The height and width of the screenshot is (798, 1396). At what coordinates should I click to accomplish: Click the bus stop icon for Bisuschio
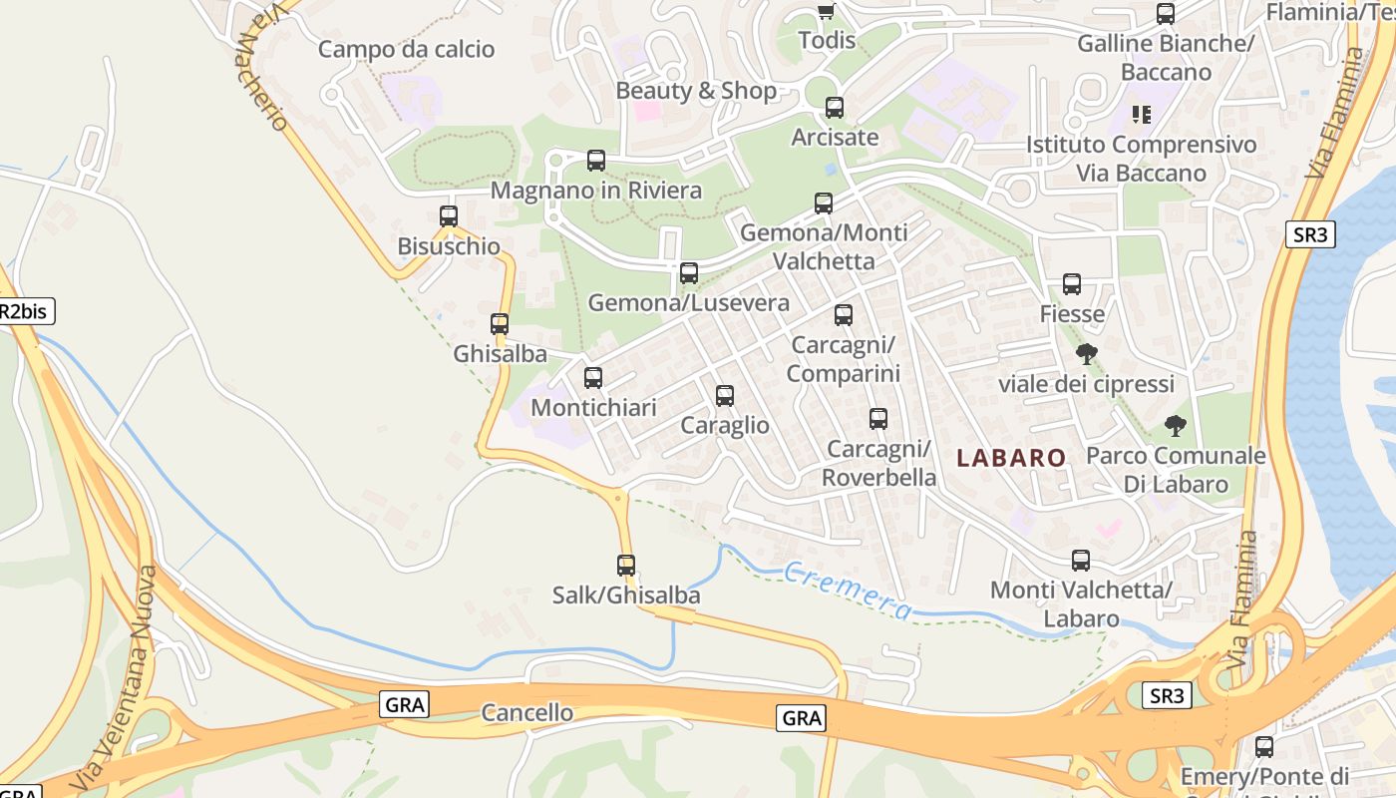449,215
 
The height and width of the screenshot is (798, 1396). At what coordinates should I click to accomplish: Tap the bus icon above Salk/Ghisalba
626,566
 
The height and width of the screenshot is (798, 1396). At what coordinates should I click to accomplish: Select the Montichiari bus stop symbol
593,378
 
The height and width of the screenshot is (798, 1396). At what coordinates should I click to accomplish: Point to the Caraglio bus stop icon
725,396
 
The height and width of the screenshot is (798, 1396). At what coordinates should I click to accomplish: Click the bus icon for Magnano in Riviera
596,160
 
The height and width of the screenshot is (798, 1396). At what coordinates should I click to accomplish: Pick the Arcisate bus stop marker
835,107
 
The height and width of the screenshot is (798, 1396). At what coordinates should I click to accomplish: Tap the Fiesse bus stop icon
1072,284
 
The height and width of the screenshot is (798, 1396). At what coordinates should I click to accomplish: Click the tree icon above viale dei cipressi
1087,354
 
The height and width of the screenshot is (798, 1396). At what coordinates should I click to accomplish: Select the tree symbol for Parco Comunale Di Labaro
1176,426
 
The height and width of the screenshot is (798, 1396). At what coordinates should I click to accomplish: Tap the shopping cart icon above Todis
826,11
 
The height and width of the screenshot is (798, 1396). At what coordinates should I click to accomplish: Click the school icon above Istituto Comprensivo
1142,114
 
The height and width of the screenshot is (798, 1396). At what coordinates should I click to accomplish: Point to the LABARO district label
1011,458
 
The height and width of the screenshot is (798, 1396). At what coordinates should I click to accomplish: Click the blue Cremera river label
847,590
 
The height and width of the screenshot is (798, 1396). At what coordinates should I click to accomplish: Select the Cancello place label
526,712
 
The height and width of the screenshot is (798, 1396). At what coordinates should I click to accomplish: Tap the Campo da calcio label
406,49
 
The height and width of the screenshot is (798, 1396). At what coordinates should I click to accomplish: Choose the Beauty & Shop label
696,90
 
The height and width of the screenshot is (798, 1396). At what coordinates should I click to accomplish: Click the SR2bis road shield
24,311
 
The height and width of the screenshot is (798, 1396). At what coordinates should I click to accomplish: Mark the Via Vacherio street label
263,66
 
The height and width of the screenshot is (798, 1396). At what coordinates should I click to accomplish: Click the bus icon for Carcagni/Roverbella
878,419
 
